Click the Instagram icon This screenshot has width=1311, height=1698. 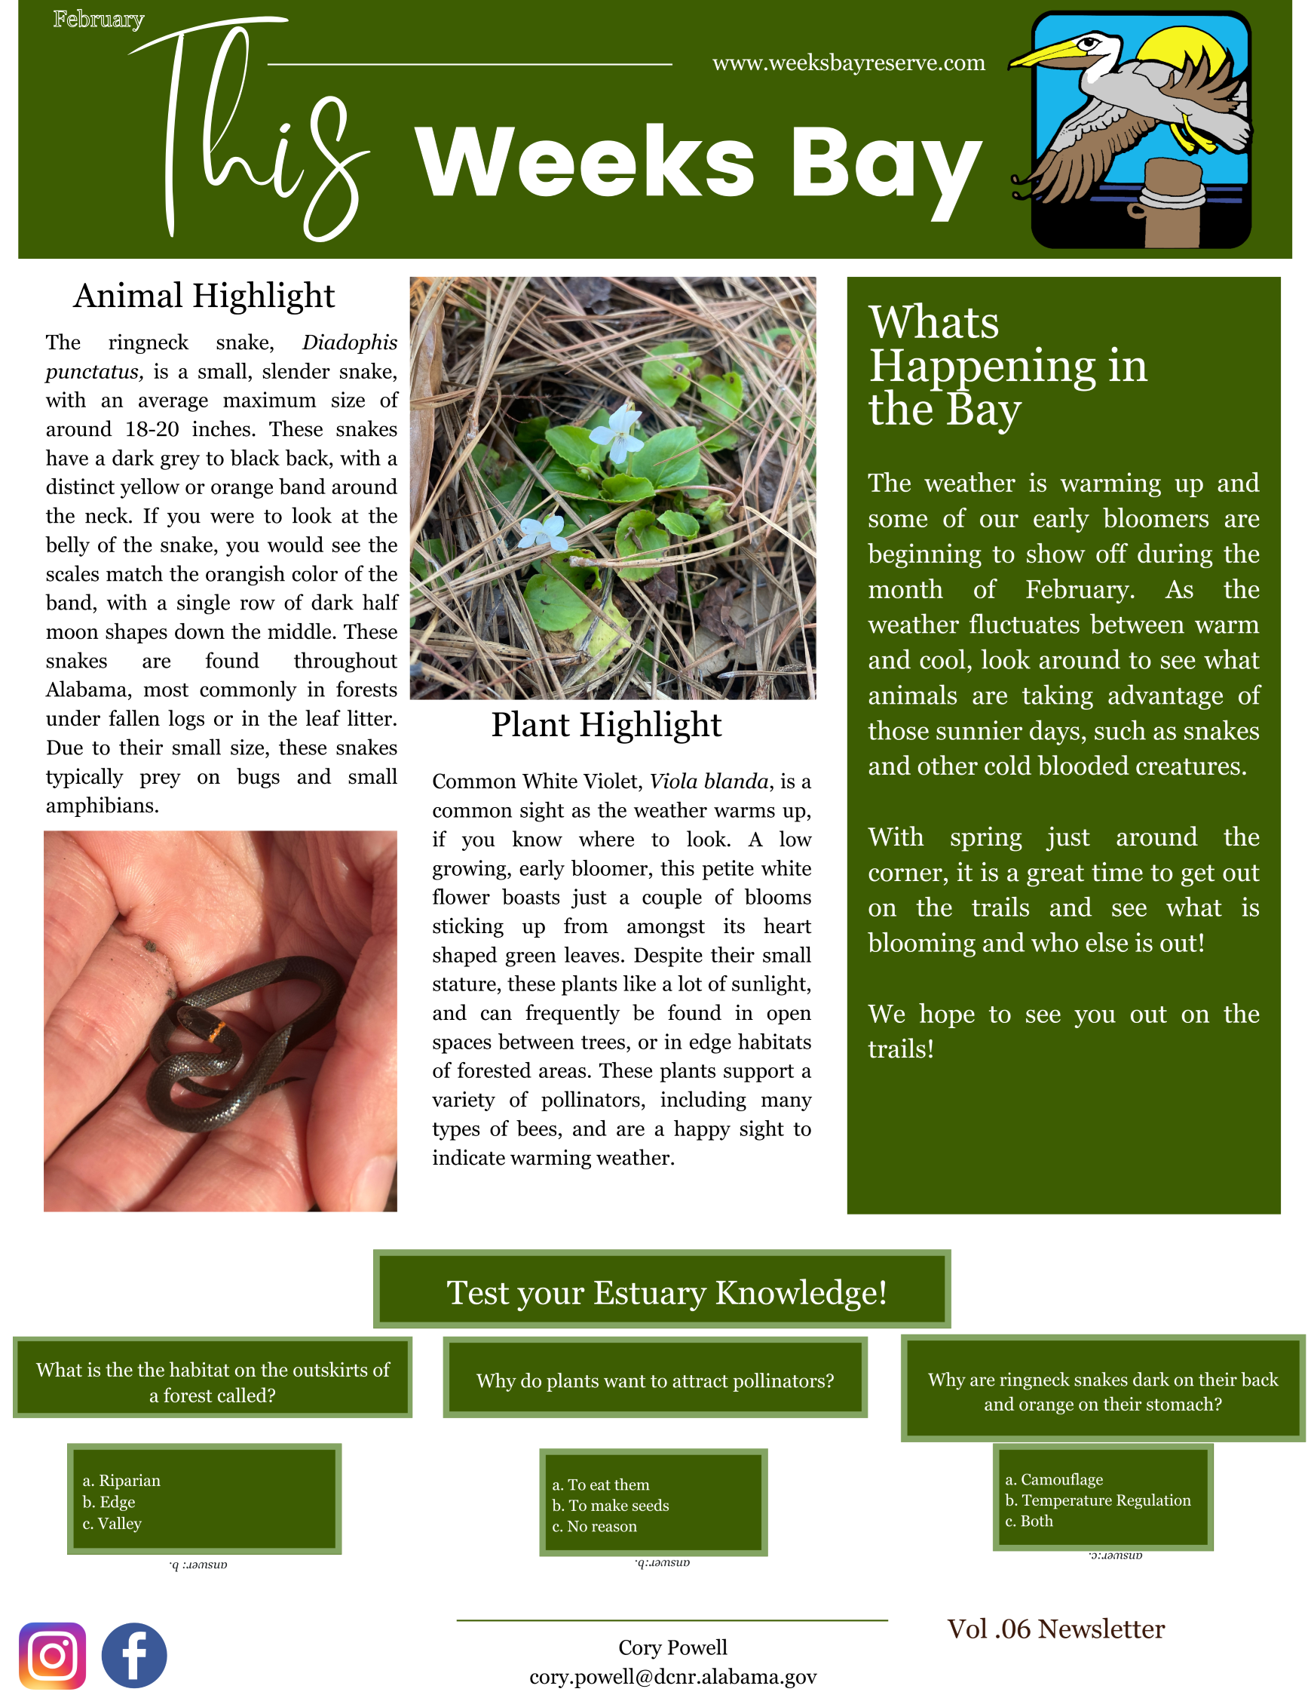click(x=52, y=1655)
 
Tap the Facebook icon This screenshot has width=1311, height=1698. click(x=133, y=1655)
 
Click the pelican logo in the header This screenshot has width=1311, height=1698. click(x=1138, y=129)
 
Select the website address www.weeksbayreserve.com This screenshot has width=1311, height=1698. click(x=848, y=63)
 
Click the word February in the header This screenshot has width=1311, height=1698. click(x=99, y=20)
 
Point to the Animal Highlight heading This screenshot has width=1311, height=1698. click(x=204, y=296)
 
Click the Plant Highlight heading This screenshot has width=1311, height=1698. click(x=606, y=725)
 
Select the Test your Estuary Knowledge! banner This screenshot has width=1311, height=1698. click(x=666, y=1293)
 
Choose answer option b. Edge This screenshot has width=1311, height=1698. click(x=109, y=1502)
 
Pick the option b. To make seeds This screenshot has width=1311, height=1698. click(x=610, y=1505)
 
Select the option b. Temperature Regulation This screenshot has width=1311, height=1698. click(x=1098, y=1500)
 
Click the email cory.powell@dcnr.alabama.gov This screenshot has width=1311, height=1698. click(x=673, y=1676)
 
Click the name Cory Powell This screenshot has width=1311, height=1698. click(x=673, y=1647)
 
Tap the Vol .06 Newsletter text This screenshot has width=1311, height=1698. click(x=1055, y=1629)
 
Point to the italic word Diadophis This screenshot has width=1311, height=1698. click(x=349, y=343)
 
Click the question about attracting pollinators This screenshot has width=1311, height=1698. click(x=654, y=1380)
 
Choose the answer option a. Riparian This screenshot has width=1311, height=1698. click(x=121, y=1480)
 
